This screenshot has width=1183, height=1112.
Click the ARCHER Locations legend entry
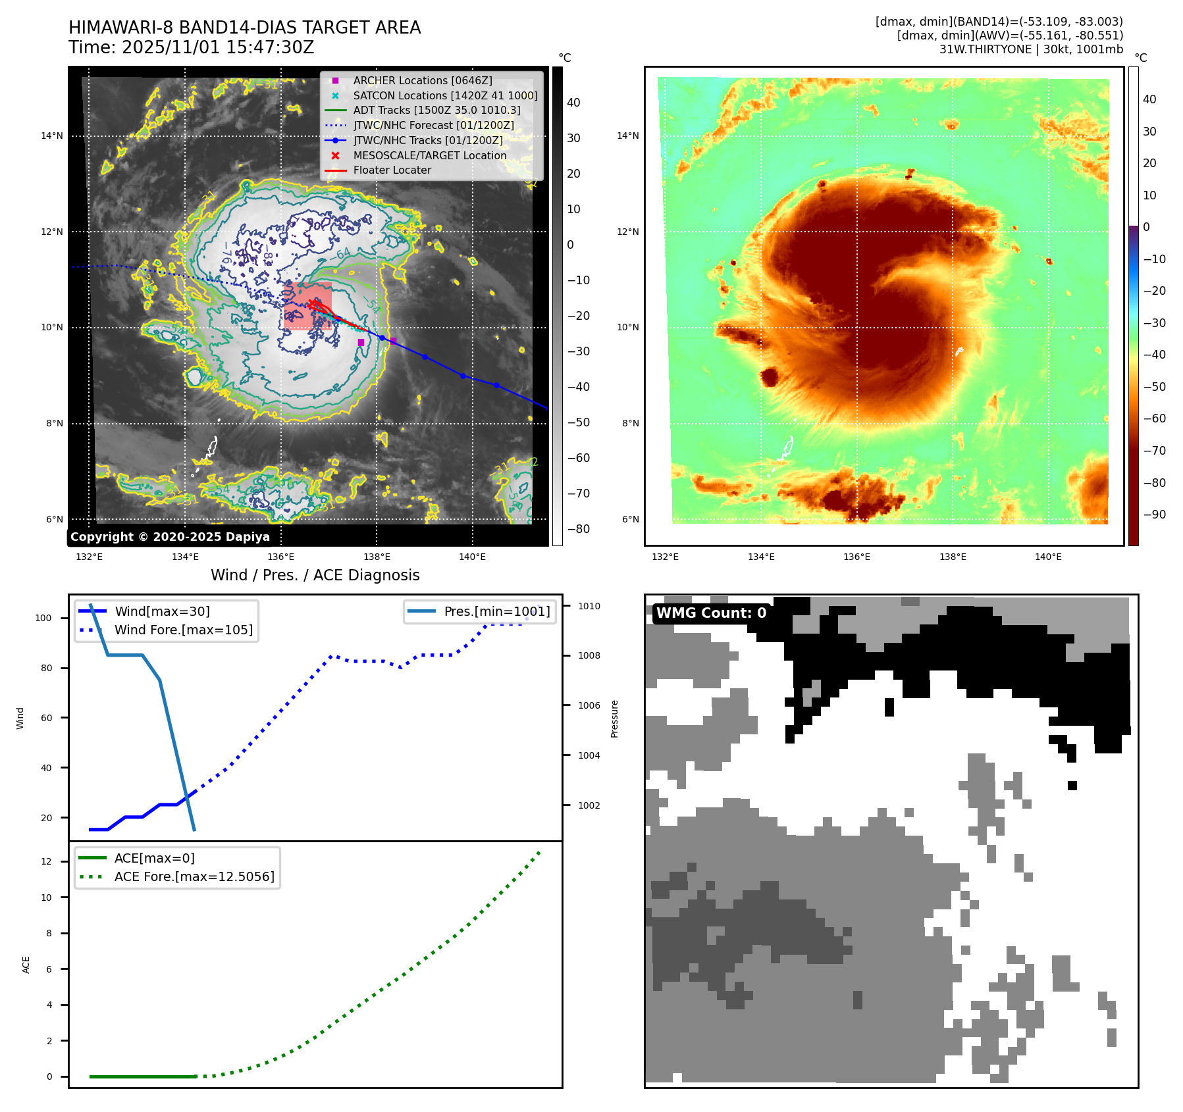[x=422, y=80]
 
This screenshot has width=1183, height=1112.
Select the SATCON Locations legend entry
[x=445, y=95]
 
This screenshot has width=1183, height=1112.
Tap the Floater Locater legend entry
[x=392, y=170]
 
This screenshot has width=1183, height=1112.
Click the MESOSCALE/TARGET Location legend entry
[x=429, y=155]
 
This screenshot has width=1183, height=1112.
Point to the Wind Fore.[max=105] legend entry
[x=183, y=630]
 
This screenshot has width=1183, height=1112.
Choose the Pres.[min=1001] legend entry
[x=496, y=611]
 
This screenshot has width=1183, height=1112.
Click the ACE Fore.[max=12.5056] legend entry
[x=194, y=876]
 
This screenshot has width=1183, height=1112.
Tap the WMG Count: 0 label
[x=711, y=613]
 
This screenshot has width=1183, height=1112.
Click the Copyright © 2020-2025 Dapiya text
[x=170, y=537]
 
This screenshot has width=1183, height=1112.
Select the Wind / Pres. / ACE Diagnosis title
[x=315, y=575]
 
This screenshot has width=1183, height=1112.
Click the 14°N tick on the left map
[x=52, y=136]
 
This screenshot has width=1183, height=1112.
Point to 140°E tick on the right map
[x=1048, y=557]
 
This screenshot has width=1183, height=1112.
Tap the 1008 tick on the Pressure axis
[x=589, y=655]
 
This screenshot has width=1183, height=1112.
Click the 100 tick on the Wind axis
[x=43, y=618]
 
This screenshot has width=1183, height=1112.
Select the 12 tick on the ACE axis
[x=46, y=861]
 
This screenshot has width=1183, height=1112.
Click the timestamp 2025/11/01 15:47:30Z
[x=218, y=47]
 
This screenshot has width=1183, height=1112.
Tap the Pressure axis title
[x=614, y=719]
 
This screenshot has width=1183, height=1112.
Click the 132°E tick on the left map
[x=89, y=557]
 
